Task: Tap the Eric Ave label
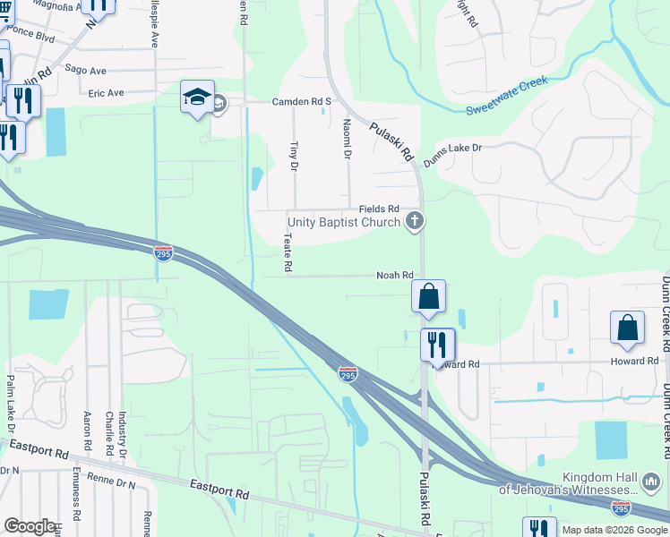[106, 92]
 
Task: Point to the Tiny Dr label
[292, 155]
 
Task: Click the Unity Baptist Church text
[343, 221]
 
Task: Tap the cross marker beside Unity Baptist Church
[414, 220]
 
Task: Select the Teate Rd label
[288, 253]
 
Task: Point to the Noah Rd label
[394, 276]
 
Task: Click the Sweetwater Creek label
[506, 96]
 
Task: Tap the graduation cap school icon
[197, 98]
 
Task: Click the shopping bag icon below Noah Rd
[429, 296]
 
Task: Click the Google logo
[29, 526]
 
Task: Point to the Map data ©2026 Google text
[614, 530]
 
